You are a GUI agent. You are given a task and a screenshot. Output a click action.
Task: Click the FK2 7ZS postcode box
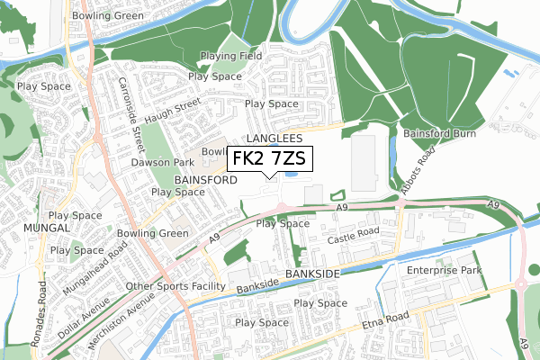270,158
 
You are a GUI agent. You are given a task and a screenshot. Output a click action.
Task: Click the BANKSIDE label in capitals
310,272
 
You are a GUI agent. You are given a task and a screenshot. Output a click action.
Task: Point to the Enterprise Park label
445,270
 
